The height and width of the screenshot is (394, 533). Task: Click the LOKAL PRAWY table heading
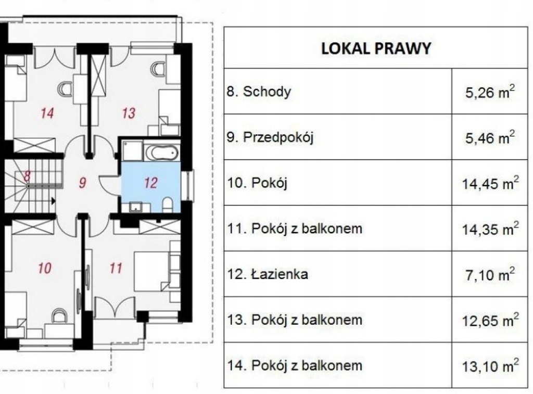[376, 48]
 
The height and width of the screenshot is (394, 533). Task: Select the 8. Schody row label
[259, 92]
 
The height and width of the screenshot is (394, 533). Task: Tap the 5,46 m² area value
[490, 138]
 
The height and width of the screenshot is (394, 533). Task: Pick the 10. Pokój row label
[257, 183]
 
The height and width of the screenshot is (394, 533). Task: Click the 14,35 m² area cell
[490, 229]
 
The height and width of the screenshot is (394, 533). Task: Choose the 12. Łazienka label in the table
[268, 274]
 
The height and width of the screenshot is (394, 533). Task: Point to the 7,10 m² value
[490, 274]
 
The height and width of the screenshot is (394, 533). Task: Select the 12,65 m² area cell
[490, 320]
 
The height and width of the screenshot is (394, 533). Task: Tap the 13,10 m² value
[490, 366]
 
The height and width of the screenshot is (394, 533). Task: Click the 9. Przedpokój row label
[270, 137]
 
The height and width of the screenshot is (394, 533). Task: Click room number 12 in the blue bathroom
[150, 183]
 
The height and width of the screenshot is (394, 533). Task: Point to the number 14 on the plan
[47, 113]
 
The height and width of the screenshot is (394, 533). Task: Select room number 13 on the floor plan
[129, 113]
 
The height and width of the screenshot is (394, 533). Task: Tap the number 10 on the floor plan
[45, 268]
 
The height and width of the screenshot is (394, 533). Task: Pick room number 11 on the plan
[116, 268]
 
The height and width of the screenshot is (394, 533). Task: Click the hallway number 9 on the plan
[82, 183]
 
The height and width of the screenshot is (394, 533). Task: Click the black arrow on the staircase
[54, 201]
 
